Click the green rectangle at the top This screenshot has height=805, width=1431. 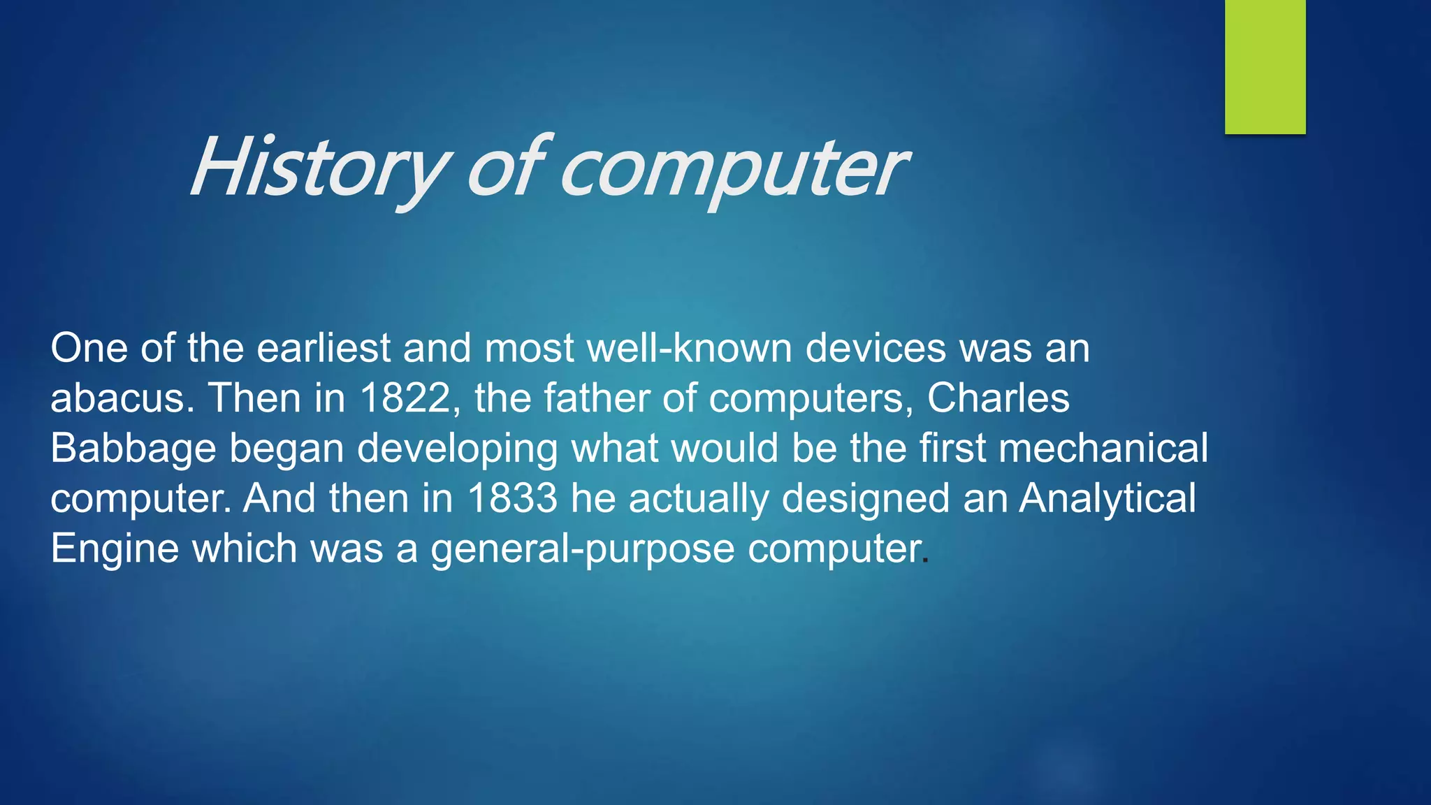click(1265, 66)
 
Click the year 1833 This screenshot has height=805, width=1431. click(512, 498)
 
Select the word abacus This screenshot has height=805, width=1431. click(120, 398)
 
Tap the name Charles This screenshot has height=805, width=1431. click(998, 398)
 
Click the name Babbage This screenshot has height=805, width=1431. click(133, 449)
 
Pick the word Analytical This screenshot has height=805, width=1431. click(1107, 498)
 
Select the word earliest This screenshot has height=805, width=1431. click(324, 348)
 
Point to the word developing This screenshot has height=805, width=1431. click(458, 449)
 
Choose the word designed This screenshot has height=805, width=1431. click(866, 499)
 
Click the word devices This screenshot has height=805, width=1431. click(876, 348)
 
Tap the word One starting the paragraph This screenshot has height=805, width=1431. click(89, 348)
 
